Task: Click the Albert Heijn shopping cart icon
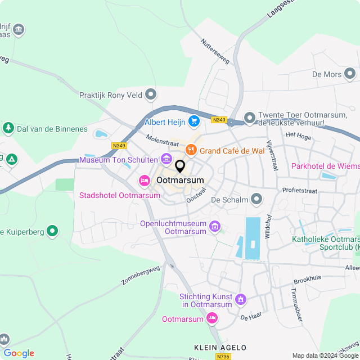[194, 121]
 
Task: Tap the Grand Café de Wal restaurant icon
[191, 150]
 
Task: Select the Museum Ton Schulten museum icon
[166, 160]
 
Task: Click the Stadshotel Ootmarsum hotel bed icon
[144, 181]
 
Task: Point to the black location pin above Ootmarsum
[180, 166]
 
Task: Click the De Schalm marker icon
[257, 199]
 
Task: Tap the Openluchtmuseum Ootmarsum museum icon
[214, 227]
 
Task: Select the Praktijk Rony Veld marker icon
[151, 95]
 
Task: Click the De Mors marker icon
[351, 74]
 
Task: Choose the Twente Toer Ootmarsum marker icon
[249, 119]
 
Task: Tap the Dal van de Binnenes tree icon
[8, 128]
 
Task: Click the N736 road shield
[222, 357]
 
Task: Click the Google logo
[19, 353]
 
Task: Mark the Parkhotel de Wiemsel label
[325, 166]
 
